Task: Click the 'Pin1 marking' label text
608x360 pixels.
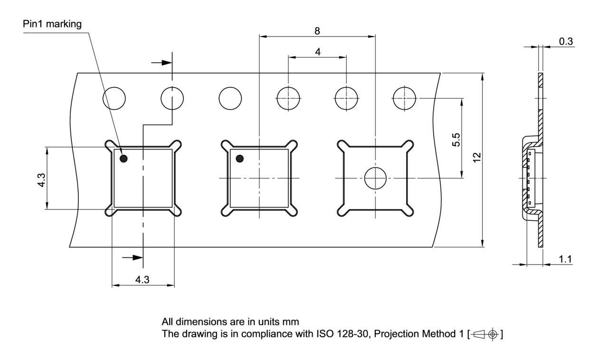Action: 52,24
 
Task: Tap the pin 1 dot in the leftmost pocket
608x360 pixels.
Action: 123,159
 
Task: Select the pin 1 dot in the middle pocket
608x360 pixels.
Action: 240,159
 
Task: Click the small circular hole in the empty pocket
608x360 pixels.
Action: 375,178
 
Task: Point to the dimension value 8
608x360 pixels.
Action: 317,31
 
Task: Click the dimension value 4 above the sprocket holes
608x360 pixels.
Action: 318,52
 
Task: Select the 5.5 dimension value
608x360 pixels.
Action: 456,140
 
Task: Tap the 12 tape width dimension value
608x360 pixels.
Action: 477,158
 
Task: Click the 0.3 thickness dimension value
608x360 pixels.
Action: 566,41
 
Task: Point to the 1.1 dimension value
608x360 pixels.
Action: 565,259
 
